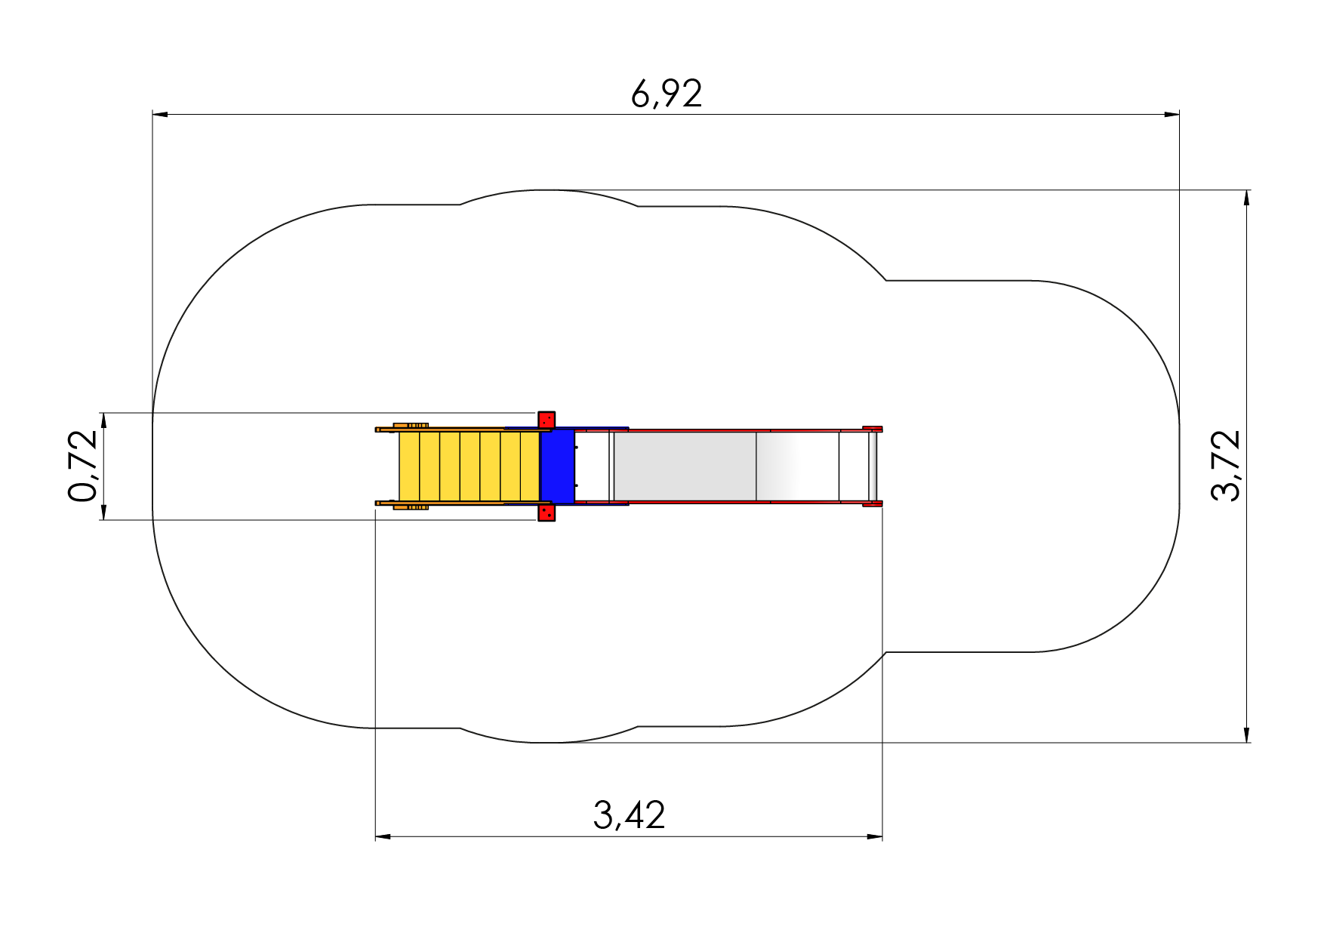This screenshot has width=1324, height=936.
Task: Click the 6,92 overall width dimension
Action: (667, 94)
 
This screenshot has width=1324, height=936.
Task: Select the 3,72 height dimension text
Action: (1225, 466)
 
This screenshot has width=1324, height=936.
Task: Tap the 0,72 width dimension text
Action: (83, 466)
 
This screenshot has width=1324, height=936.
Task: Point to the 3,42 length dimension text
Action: (629, 815)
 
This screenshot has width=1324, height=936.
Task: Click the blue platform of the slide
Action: (558, 466)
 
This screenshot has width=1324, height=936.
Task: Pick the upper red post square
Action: (547, 420)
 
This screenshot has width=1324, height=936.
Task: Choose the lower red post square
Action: (547, 513)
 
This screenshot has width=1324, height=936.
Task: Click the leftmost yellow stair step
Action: (409, 466)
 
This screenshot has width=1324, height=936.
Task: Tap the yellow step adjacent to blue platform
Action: (531, 466)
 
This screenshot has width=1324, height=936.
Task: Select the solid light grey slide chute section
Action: (685, 466)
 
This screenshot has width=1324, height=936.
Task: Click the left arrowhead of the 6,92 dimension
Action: (160, 115)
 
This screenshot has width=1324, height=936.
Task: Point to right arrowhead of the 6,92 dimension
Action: (1172, 115)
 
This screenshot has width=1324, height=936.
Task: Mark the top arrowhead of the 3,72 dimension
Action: (1246, 198)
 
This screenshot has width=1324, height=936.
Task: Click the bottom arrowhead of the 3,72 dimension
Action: (1246, 734)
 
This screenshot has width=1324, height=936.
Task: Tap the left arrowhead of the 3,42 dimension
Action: (383, 836)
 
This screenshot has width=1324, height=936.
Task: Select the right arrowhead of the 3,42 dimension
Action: (874, 836)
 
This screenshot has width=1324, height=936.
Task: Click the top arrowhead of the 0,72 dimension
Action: (103, 421)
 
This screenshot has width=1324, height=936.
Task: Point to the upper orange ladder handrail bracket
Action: (411, 426)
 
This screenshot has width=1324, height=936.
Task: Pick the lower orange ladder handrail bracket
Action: (411, 507)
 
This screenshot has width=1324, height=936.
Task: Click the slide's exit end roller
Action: (873, 466)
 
